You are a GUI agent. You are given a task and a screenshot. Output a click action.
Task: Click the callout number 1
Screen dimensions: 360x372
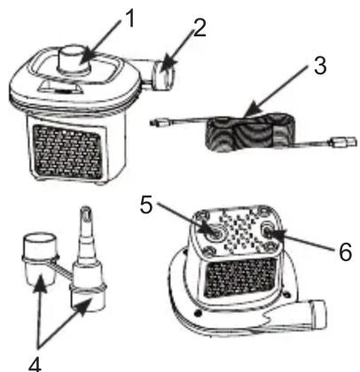point(128,19)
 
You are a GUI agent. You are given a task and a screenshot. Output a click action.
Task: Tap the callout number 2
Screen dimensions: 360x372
point(200,28)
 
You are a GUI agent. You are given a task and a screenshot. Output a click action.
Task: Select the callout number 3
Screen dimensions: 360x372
point(320,66)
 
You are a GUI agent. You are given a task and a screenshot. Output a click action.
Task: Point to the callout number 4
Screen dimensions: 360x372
point(35,364)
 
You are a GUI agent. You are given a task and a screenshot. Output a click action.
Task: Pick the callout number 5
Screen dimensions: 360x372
point(146,205)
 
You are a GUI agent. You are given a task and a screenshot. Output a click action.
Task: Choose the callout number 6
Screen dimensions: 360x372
point(345,252)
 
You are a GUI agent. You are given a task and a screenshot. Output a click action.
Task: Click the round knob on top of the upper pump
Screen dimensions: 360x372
point(74,60)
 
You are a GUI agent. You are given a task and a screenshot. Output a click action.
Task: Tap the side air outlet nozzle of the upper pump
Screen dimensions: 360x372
point(163,74)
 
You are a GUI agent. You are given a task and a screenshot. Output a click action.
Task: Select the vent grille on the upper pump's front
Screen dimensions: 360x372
point(68,152)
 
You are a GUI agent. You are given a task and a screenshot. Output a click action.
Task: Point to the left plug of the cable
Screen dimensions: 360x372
point(160,121)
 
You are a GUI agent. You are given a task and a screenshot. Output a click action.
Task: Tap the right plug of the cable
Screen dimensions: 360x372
point(344,142)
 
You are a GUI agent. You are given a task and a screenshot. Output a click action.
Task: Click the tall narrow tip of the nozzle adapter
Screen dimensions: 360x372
point(85,224)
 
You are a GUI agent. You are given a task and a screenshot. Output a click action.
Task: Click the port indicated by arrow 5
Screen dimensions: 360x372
point(215,233)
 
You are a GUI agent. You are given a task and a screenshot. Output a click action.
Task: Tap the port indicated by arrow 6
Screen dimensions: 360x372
point(268,229)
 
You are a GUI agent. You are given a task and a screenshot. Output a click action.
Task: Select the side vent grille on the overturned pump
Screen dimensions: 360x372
point(240,278)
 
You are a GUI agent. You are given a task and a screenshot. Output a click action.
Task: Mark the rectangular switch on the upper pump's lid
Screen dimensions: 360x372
point(59,88)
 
